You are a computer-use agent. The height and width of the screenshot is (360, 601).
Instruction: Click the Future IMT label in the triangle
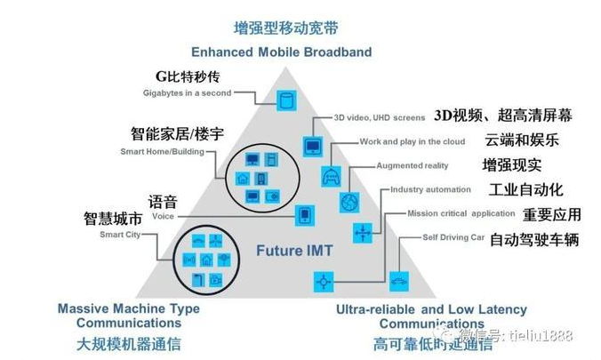click(x=294, y=251)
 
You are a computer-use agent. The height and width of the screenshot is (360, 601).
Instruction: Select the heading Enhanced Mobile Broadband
click(x=280, y=52)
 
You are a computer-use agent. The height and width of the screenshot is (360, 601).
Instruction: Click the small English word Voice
click(x=163, y=216)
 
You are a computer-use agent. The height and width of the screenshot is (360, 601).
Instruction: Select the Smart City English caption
click(x=118, y=235)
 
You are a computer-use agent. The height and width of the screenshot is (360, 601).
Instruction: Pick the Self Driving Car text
click(x=453, y=237)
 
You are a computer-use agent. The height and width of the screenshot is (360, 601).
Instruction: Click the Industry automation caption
click(x=431, y=189)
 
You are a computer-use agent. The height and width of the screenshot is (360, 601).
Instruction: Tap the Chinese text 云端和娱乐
click(x=521, y=140)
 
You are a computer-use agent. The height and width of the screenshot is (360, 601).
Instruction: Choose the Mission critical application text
click(x=461, y=213)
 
